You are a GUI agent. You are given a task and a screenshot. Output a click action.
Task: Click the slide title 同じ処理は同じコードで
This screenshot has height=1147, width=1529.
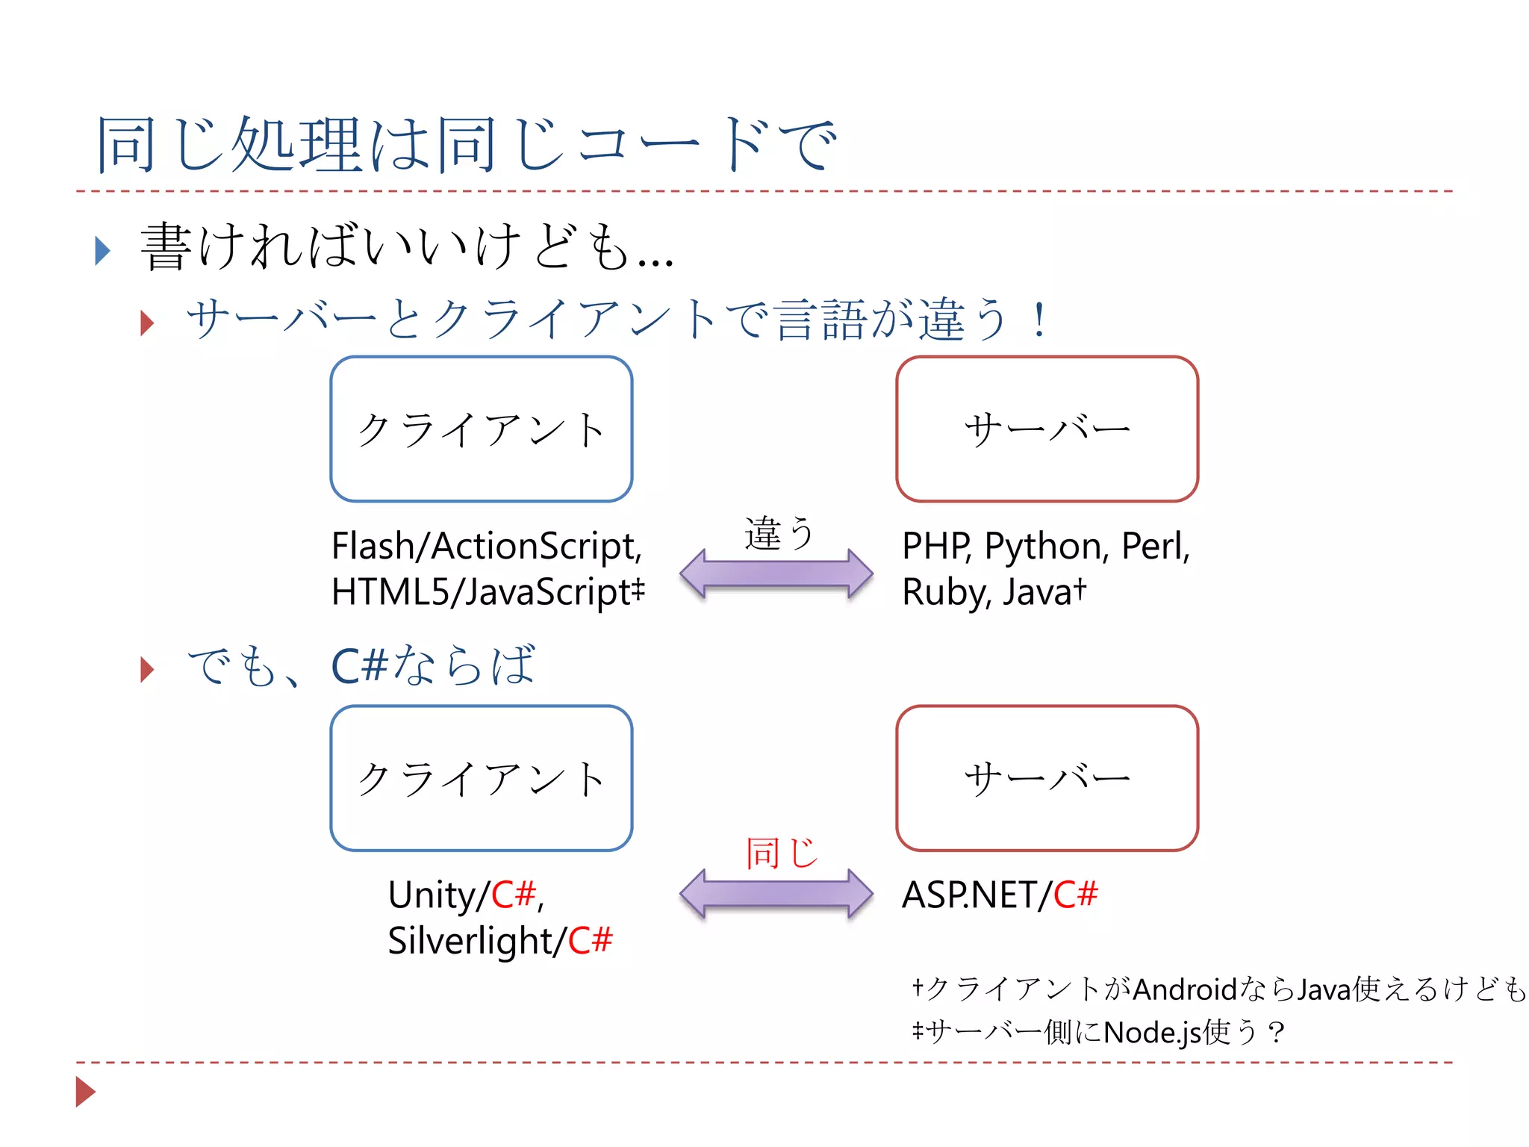click(467, 144)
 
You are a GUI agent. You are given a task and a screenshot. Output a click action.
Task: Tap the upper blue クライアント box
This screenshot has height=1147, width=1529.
click(482, 429)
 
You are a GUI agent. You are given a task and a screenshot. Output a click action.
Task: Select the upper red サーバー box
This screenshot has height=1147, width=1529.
click(1047, 429)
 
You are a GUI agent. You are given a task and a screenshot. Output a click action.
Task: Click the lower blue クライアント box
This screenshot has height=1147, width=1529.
click(482, 778)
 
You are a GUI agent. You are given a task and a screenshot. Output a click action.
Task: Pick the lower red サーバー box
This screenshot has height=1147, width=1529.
click(1047, 778)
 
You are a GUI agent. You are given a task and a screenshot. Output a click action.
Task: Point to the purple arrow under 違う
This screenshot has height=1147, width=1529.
click(776, 573)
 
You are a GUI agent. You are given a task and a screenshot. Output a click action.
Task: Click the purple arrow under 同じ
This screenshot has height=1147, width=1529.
click(776, 892)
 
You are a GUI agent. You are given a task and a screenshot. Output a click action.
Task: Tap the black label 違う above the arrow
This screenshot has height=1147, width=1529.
click(778, 533)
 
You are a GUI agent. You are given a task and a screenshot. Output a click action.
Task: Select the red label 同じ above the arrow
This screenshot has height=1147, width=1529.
click(781, 852)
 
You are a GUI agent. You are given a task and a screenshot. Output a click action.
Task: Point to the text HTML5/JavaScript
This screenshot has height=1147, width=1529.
click(482, 592)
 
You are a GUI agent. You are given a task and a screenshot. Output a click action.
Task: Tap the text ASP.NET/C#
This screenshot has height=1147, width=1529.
click(999, 895)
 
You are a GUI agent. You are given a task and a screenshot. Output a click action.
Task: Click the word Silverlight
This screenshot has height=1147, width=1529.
click(470, 941)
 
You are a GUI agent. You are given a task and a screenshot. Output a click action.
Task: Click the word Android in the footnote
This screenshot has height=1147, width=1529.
click(1185, 989)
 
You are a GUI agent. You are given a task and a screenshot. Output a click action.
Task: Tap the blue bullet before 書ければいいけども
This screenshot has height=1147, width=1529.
click(103, 250)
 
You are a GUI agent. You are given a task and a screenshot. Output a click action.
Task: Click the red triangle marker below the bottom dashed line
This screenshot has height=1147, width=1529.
click(85, 1092)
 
